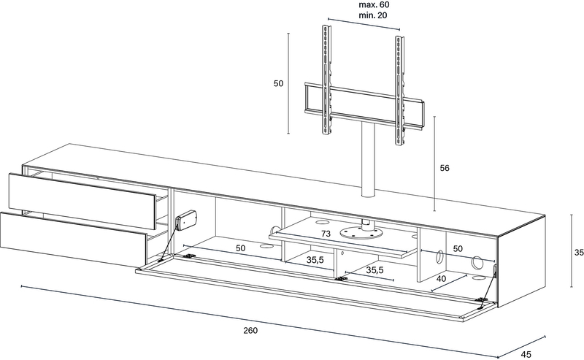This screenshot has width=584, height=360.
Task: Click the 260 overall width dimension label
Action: [250, 330]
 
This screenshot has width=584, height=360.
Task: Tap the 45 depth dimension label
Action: [526, 354]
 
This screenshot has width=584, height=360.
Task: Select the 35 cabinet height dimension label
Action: [579, 253]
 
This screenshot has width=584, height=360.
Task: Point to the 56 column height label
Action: [445, 168]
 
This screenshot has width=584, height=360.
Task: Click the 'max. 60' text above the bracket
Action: [374, 5]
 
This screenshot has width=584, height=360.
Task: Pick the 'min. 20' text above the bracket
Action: [373, 15]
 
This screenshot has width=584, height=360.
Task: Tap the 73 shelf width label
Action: [326, 234]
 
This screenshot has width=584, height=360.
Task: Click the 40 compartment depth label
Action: [441, 279]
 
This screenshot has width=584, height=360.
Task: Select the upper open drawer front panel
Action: [82, 201]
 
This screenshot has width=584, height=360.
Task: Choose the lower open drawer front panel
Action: [74, 240]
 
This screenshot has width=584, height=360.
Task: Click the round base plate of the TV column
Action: [361, 233]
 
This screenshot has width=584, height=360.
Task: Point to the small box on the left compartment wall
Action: [187, 220]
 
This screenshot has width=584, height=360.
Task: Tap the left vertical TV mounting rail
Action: [326, 81]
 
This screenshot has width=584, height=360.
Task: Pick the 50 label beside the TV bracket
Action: [279, 83]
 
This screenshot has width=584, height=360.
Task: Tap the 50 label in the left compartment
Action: [241, 248]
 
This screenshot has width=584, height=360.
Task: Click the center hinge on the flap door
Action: [340, 278]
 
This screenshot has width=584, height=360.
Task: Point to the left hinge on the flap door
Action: [190, 256]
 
